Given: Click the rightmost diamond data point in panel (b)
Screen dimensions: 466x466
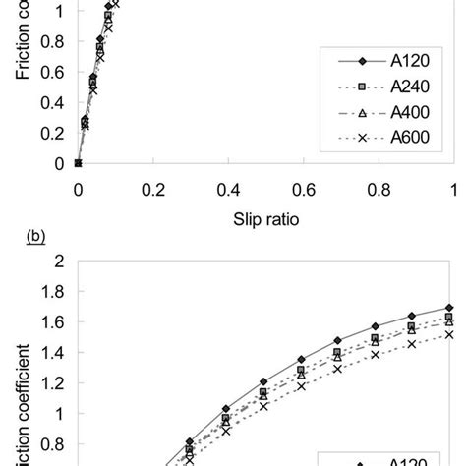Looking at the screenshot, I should [x=449, y=308].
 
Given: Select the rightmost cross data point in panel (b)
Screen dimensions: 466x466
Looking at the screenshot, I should [x=449, y=334].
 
